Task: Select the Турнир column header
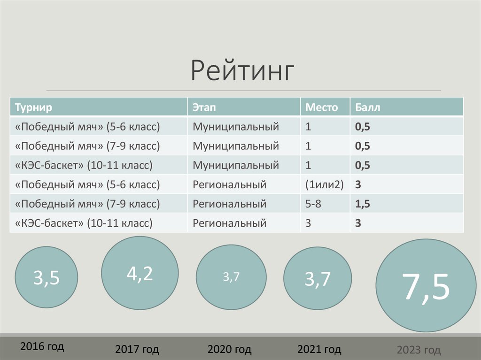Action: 33,107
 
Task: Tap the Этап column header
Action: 204,107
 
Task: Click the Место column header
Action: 322,107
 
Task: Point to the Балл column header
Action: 368,107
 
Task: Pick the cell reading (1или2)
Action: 325,184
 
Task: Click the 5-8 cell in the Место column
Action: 314,204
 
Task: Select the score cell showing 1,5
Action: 363,204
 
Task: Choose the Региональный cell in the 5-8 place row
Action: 229,204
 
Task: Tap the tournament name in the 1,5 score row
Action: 88,204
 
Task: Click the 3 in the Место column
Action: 308,223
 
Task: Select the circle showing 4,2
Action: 140,273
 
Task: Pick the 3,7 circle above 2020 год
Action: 231,277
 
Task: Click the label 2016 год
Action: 42,347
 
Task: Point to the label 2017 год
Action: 137,349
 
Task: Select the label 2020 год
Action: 229,349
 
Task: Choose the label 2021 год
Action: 319,349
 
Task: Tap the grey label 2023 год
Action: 419,350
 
